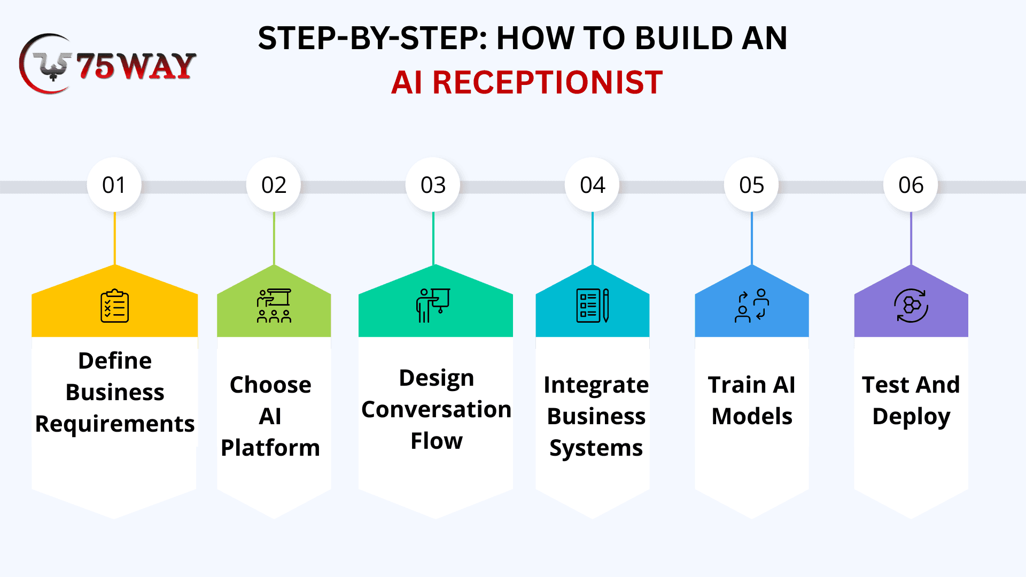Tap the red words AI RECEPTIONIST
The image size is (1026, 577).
click(x=526, y=83)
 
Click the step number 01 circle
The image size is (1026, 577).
click(x=114, y=185)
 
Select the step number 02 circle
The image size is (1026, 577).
click(x=274, y=185)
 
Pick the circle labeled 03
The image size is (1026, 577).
click(x=433, y=185)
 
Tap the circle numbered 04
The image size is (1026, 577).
click(x=592, y=185)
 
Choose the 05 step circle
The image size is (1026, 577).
click(x=751, y=185)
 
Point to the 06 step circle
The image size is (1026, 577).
click(x=911, y=185)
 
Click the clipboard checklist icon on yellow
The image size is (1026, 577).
click(x=114, y=306)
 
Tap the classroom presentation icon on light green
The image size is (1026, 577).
click(x=274, y=306)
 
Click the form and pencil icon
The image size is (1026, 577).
click(x=592, y=306)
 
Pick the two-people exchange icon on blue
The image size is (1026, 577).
click(x=751, y=306)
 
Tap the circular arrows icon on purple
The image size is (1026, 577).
click(x=911, y=306)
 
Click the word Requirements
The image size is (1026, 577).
click(x=114, y=424)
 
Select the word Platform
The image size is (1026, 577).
click(x=270, y=448)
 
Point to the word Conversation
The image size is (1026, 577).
click(x=436, y=410)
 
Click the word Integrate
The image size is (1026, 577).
click(x=596, y=385)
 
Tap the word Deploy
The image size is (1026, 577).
click(x=911, y=417)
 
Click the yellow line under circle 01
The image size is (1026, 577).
click(x=114, y=238)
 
